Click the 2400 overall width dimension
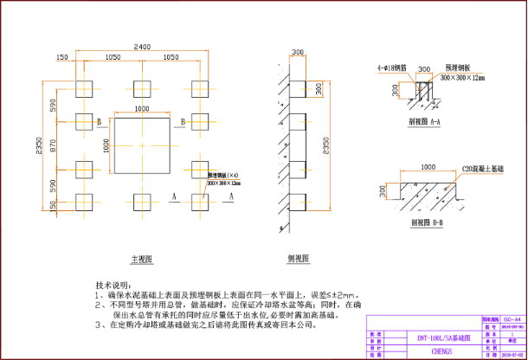143,45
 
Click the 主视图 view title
142,258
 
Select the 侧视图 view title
299,258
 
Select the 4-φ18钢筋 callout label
390,67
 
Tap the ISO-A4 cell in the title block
513,319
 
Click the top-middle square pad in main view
142,87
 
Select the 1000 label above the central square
143,108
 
